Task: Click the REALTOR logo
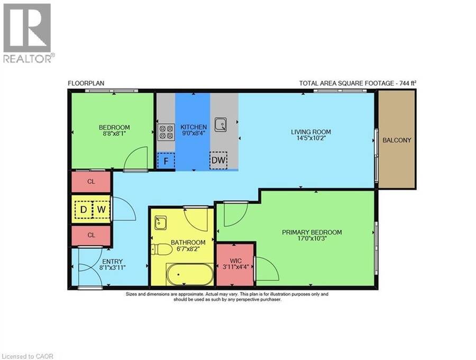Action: click(x=29, y=33)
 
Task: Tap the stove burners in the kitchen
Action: click(x=166, y=132)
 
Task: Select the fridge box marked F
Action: click(x=166, y=160)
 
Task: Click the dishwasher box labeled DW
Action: click(x=218, y=160)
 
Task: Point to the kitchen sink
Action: click(x=221, y=124)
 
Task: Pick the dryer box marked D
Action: click(x=84, y=209)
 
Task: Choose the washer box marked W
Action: click(x=101, y=209)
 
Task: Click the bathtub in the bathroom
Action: click(x=189, y=274)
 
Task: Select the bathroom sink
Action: click(x=160, y=223)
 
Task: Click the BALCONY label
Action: click(x=397, y=140)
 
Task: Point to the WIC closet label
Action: click(x=235, y=260)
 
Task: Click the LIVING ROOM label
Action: click(x=311, y=132)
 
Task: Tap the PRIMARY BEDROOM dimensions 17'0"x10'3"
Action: click(x=312, y=238)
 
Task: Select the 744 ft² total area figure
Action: click(x=406, y=83)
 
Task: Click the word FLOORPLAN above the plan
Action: click(x=86, y=83)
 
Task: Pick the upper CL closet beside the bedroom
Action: click(x=91, y=182)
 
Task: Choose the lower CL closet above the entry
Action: click(x=91, y=235)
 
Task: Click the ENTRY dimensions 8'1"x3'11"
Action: click(x=112, y=268)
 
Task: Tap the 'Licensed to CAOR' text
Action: click(x=28, y=356)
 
